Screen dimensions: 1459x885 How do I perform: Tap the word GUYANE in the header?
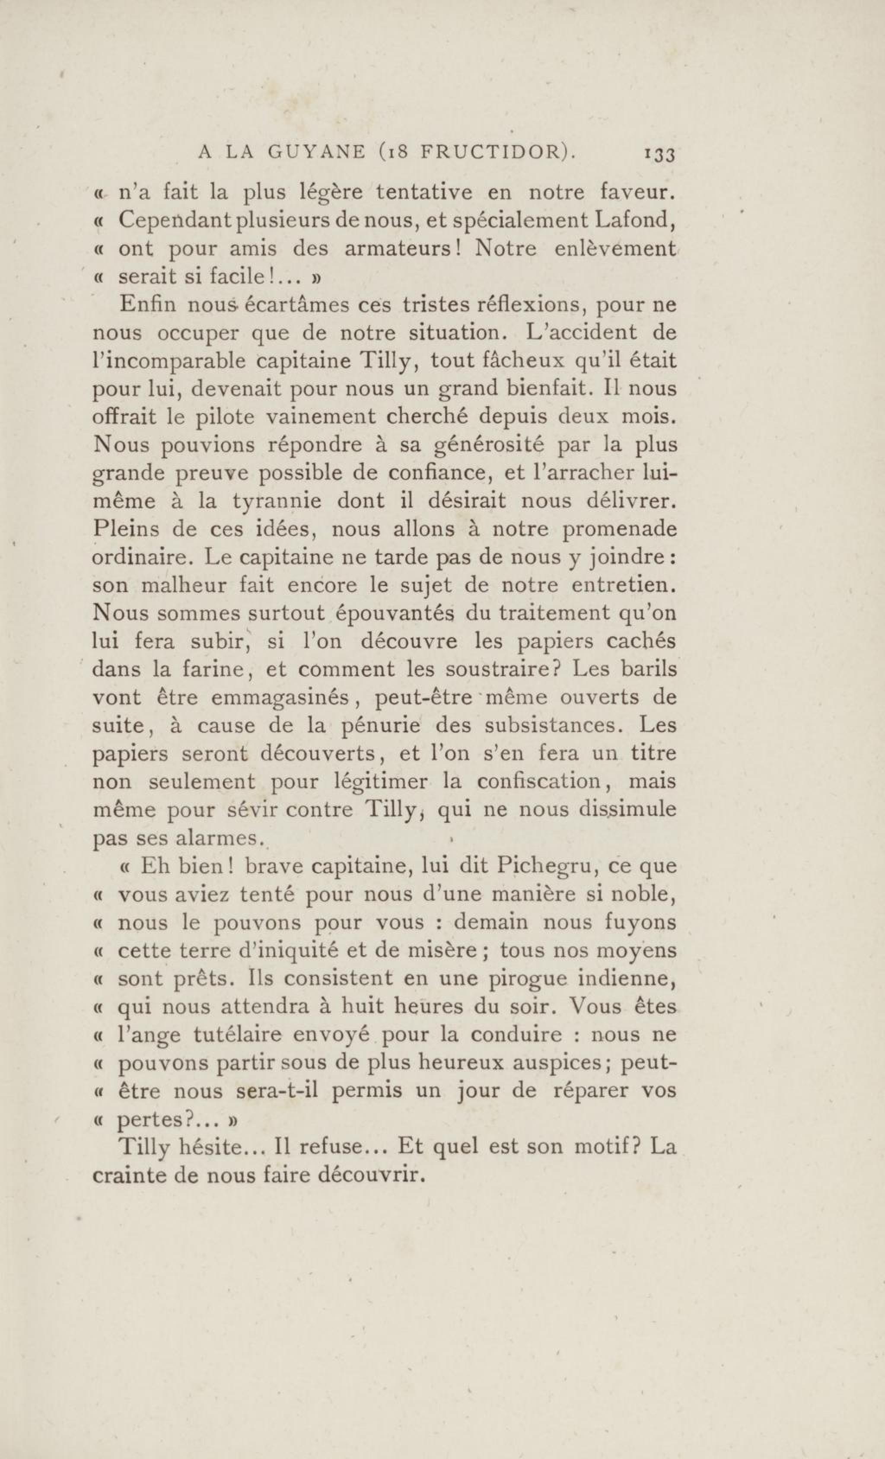[316, 153]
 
